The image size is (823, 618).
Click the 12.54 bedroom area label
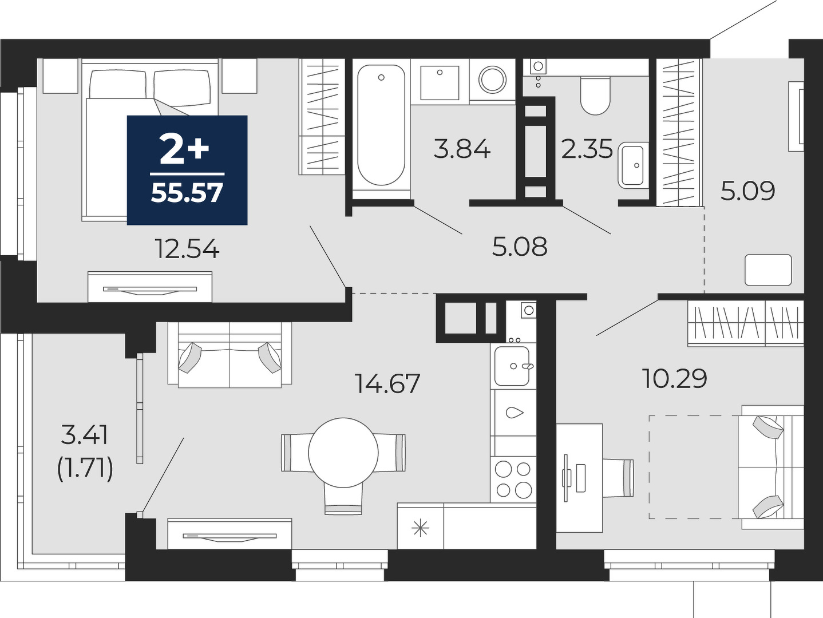[187, 249]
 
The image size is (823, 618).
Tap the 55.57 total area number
[187, 193]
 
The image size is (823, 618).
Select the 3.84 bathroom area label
[462, 149]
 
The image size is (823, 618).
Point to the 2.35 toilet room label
[587, 149]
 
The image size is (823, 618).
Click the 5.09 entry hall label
[747, 191]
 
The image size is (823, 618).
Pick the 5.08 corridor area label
[520, 247]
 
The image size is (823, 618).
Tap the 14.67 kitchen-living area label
[387, 383]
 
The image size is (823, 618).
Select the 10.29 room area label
[675, 378]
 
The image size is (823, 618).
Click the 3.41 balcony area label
[85, 436]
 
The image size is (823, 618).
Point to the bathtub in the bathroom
[381, 125]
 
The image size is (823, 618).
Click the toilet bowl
[595, 96]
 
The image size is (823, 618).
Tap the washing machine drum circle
[492, 80]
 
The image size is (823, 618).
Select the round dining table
[343, 453]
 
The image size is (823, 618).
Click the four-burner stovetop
[513, 480]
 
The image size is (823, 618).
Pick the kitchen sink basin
[512, 366]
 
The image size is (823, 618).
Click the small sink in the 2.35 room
[633, 165]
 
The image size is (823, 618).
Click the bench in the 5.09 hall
[768, 270]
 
